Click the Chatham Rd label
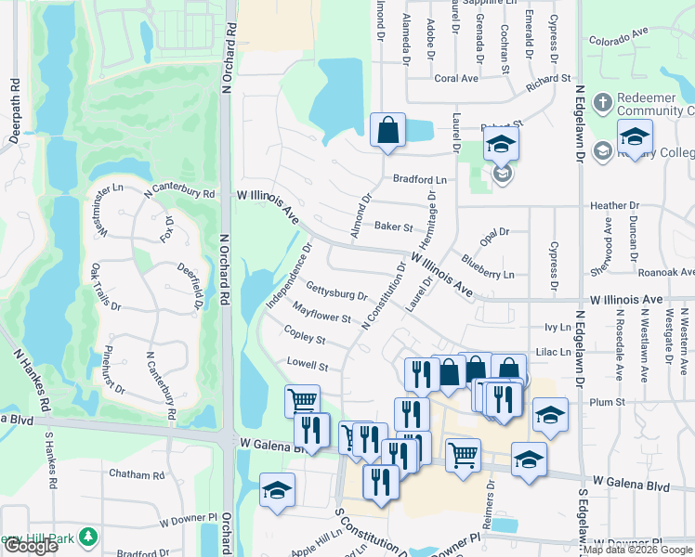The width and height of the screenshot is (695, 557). click(x=135, y=474)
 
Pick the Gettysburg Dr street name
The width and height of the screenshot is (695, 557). click(x=336, y=293)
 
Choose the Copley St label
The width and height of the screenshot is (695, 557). click(x=305, y=340)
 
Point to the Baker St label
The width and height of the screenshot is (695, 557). click(x=393, y=226)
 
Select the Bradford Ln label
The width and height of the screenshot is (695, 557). click(x=420, y=179)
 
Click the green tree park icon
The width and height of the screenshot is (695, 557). click(x=88, y=537)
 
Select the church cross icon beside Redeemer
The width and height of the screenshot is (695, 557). click(x=602, y=100)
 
